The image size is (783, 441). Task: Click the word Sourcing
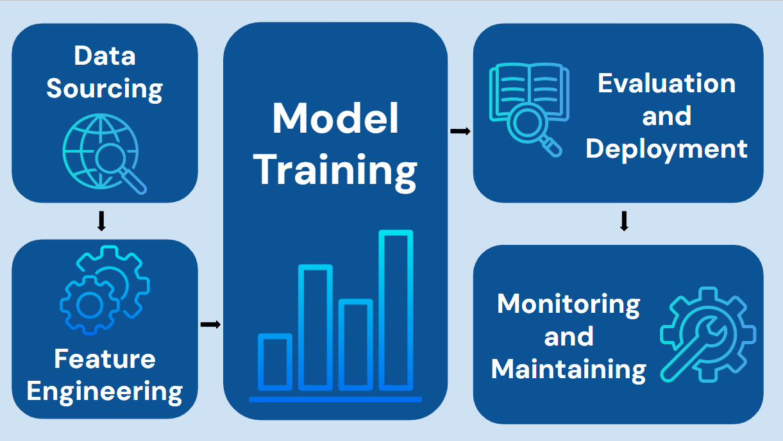[105, 88]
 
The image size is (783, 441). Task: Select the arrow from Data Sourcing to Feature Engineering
[101, 221]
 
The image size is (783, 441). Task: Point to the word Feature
[105, 358]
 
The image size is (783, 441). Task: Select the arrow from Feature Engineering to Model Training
[210, 324]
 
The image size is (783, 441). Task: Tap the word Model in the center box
[335, 119]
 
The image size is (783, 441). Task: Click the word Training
[335, 170]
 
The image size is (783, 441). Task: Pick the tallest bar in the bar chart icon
[396, 310]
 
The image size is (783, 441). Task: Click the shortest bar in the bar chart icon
[275, 362]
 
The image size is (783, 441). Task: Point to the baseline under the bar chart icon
[335, 399]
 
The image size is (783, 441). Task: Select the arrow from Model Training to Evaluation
[460, 131]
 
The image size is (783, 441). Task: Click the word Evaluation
[666, 83]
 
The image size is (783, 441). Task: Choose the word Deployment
[666, 149]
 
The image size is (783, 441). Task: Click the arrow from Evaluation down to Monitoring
[624, 221]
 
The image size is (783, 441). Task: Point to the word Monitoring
[568, 303]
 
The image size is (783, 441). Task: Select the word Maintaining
[568, 369]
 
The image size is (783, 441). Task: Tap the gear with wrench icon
[707, 335]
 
